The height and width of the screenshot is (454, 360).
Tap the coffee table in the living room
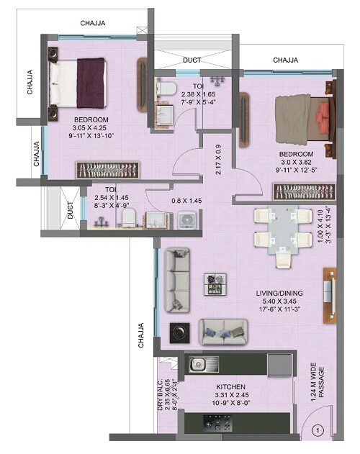point(215,283)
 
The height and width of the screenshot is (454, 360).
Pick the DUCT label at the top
point(192,60)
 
